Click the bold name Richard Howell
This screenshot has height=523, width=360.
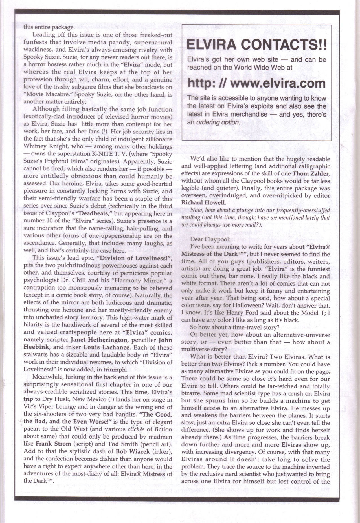pyautogui.click(x=200, y=202)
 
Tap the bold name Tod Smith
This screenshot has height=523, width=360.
pyautogui.click(x=123, y=444)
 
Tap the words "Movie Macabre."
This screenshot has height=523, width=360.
pyautogui.click(x=42, y=95)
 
